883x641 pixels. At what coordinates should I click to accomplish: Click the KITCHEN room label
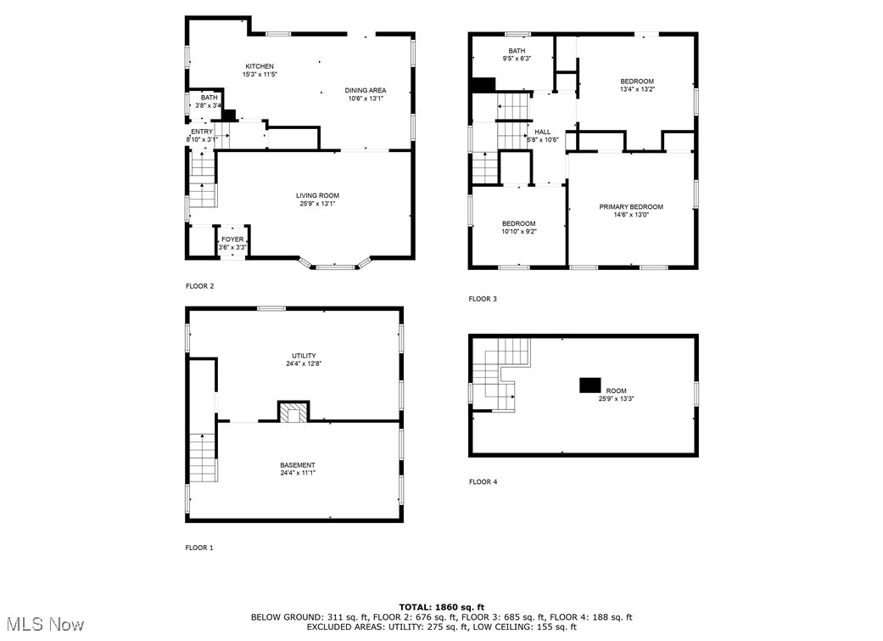pyautogui.click(x=260, y=66)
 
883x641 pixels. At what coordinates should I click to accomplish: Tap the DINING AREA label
pyautogui.click(x=366, y=90)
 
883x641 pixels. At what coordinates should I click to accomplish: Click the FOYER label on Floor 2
pyautogui.click(x=232, y=239)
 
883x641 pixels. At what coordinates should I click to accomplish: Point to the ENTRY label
pyautogui.click(x=202, y=132)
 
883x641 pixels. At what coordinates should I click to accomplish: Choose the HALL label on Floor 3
pyautogui.click(x=542, y=132)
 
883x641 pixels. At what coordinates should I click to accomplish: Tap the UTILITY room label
pyautogui.click(x=304, y=356)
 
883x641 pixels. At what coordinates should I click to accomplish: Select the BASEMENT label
pyautogui.click(x=298, y=465)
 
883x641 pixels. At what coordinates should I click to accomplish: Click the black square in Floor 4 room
pyautogui.click(x=590, y=385)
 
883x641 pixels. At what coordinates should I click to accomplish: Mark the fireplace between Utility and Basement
pyautogui.click(x=294, y=412)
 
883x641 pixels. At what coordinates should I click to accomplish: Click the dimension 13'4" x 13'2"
pyautogui.click(x=637, y=89)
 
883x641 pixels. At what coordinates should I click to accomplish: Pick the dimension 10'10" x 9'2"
pyautogui.click(x=518, y=231)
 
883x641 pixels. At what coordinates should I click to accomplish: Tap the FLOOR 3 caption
pyautogui.click(x=483, y=299)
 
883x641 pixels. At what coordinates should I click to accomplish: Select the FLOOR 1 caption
pyautogui.click(x=199, y=548)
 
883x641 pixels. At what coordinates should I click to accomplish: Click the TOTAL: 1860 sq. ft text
pyautogui.click(x=441, y=607)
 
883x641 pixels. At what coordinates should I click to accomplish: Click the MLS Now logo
pyautogui.click(x=42, y=625)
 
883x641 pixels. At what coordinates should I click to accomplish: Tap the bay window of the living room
pyautogui.click(x=335, y=265)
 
